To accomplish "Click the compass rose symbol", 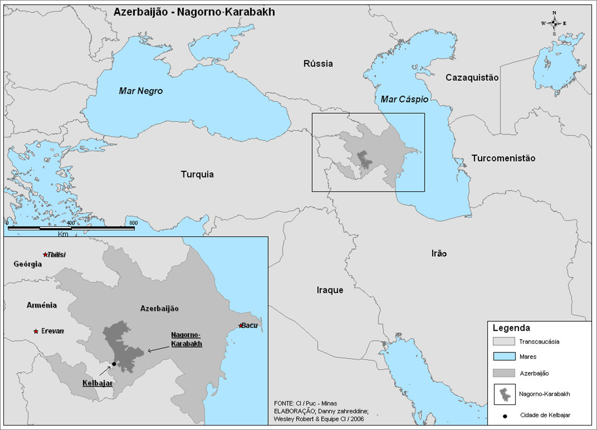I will click(x=554, y=23).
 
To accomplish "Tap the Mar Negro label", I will click(x=140, y=91).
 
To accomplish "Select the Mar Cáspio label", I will click(x=404, y=99).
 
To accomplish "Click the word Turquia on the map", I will click(x=197, y=175).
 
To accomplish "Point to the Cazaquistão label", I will click(x=472, y=78).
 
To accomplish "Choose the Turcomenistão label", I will click(x=503, y=158).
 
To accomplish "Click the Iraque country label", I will click(x=329, y=290).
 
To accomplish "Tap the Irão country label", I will click(x=439, y=254).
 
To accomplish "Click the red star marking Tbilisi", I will click(x=46, y=255).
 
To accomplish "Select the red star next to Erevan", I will click(x=36, y=331).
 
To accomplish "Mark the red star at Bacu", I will click(x=241, y=325).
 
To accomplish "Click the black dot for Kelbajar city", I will click(x=114, y=364).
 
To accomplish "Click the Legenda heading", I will click(x=511, y=328).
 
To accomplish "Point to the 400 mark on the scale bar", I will click(x=70, y=223).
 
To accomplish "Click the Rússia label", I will click(x=318, y=64).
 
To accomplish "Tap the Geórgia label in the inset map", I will click(x=28, y=264).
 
